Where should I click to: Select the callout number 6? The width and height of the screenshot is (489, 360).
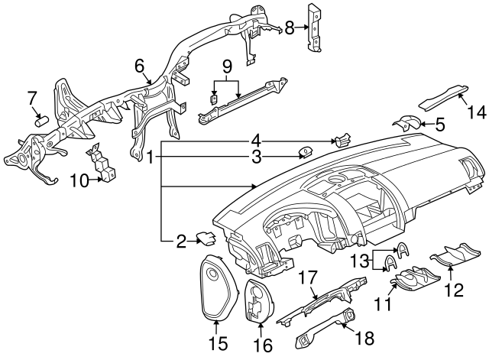pyautogui.click(x=140, y=66)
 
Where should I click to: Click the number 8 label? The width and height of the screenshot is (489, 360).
pyautogui.click(x=290, y=28)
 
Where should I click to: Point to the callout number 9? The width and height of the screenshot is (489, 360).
pyautogui.click(x=226, y=66)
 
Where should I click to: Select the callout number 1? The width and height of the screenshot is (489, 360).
pyautogui.click(x=151, y=158)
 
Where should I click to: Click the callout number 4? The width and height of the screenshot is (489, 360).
pyautogui.click(x=257, y=140)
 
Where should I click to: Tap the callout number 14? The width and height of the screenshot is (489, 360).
pyautogui.click(x=476, y=112)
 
